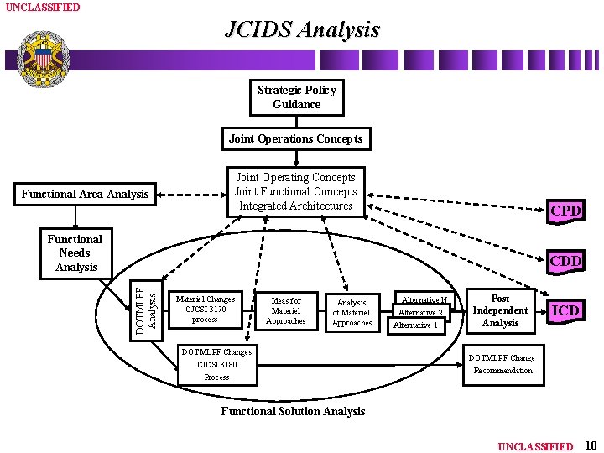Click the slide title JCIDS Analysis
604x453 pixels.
[302, 30]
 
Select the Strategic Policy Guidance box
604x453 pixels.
[296, 97]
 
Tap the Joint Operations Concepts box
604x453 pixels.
[295, 138]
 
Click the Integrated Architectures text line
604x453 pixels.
[295, 206]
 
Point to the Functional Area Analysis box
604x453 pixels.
[85, 195]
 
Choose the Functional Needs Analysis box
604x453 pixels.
[75, 253]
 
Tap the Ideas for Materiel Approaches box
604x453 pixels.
[285, 310]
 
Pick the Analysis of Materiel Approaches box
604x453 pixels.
[351, 312]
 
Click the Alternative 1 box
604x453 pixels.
[416, 325]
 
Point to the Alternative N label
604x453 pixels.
[424, 299]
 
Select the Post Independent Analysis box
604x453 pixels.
[500, 310]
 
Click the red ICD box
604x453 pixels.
[565, 310]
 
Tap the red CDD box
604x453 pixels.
[565, 262]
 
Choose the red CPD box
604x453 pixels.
[565, 211]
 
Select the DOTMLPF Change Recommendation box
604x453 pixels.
[501, 364]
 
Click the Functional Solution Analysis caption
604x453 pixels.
[293, 411]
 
